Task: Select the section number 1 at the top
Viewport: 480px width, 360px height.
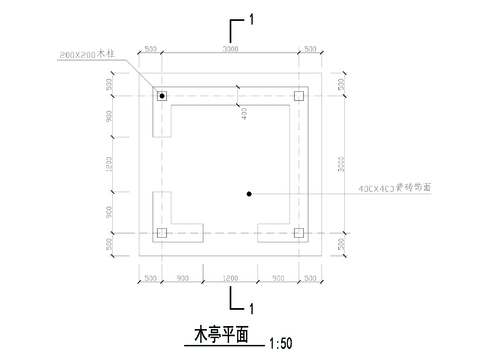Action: click(253, 20)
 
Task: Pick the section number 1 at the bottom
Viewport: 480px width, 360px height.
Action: click(253, 307)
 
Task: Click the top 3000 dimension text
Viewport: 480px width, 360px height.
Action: click(229, 49)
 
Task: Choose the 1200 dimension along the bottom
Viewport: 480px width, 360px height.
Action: click(229, 275)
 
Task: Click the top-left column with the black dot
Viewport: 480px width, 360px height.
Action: click(160, 96)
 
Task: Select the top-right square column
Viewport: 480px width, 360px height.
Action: click(298, 96)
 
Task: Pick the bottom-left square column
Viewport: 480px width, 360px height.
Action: click(160, 233)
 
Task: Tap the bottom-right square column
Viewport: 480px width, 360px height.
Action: click(298, 233)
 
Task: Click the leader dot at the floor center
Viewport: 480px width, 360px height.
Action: click(248, 192)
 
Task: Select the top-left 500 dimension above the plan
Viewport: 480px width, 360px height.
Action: click(149, 49)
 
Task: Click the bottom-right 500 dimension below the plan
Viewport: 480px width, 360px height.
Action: click(310, 275)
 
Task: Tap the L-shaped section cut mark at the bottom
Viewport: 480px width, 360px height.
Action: click(236, 297)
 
